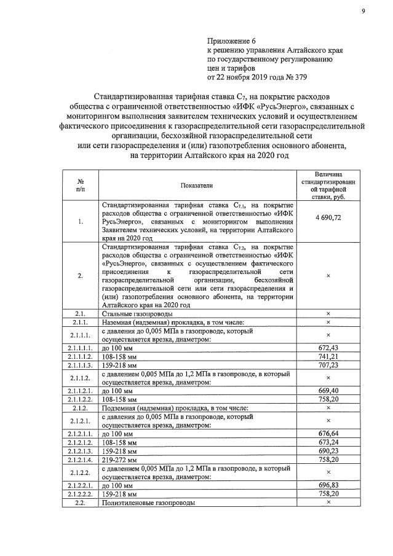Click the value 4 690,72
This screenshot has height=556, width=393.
[328, 218]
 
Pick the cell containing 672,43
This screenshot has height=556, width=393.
[328, 348]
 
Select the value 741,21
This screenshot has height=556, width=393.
[328, 357]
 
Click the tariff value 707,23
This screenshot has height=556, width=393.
[328, 365]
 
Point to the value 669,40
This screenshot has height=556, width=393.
[328, 390]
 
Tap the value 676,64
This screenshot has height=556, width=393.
[328, 433]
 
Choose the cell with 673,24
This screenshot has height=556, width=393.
[328, 442]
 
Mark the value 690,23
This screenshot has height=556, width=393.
[328, 450]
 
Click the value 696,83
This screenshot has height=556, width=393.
[328, 485]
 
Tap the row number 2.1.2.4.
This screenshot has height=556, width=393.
[81, 458]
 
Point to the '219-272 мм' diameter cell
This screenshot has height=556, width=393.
[121, 458]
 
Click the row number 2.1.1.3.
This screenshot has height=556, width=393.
[81, 365]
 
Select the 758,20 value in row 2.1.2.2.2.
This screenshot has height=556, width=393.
[328, 493]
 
